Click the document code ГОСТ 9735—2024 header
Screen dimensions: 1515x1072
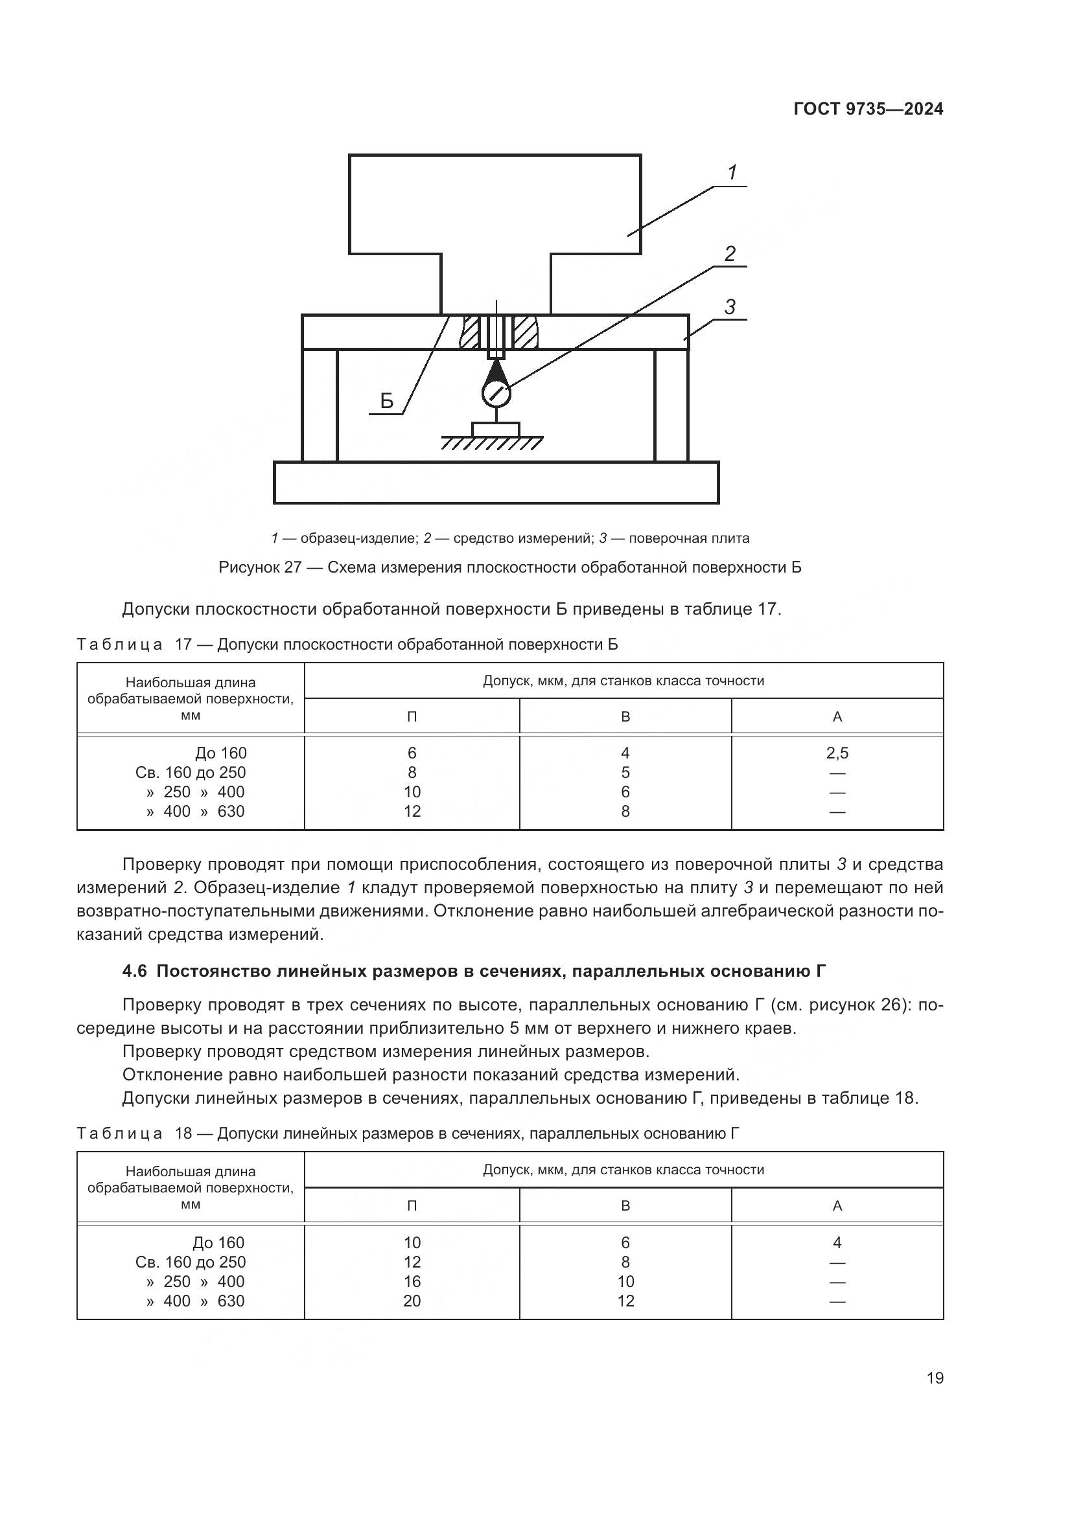coord(868,109)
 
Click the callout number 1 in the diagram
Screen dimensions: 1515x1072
coord(732,173)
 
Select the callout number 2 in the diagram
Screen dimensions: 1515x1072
coord(729,253)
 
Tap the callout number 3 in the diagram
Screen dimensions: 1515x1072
coord(729,307)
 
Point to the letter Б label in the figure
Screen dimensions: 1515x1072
coord(387,401)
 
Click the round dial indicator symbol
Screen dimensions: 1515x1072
coord(496,394)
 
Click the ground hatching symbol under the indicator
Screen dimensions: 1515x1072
coord(492,443)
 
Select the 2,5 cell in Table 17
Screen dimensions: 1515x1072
coord(837,753)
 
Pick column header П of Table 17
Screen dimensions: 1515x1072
coord(412,716)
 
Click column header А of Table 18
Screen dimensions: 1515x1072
coord(837,1205)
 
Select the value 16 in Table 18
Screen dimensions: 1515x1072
coord(412,1281)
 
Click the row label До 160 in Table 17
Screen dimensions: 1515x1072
coord(220,753)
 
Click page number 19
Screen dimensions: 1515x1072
coord(935,1378)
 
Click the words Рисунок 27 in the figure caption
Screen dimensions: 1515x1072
coord(260,567)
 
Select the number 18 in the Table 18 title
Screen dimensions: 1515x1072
coord(183,1133)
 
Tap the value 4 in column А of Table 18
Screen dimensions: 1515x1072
coord(837,1242)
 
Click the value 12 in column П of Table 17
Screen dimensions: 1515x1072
coord(412,811)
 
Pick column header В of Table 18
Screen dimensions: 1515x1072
coord(625,1205)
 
